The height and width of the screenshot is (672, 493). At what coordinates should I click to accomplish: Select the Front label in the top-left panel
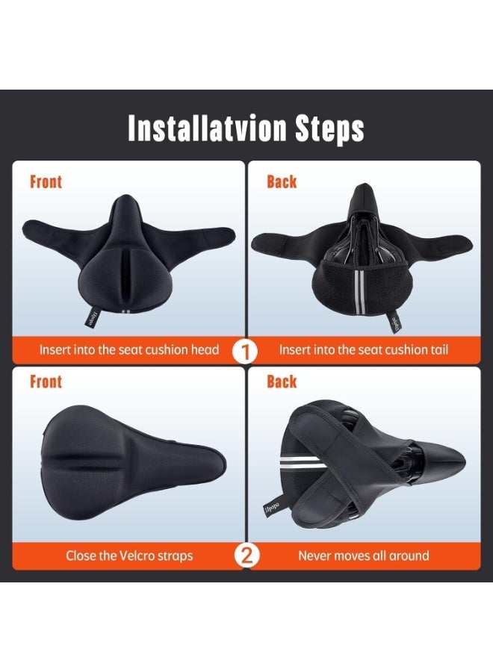tap(46, 181)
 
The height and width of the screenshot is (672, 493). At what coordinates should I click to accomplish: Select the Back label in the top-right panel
tap(282, 181)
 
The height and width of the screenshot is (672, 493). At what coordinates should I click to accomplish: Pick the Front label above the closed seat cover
tap(46, 382)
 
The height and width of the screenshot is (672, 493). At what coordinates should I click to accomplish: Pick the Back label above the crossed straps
tap(282, 382)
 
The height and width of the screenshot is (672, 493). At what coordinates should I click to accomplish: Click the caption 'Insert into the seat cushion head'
tap(129, 349)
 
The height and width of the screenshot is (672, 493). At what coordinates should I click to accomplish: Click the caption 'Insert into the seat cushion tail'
tap(364, 349)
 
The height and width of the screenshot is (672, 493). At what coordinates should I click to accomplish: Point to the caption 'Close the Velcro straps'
tap(129, 556)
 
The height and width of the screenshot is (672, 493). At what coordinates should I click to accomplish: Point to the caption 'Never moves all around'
tap(364, 556)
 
